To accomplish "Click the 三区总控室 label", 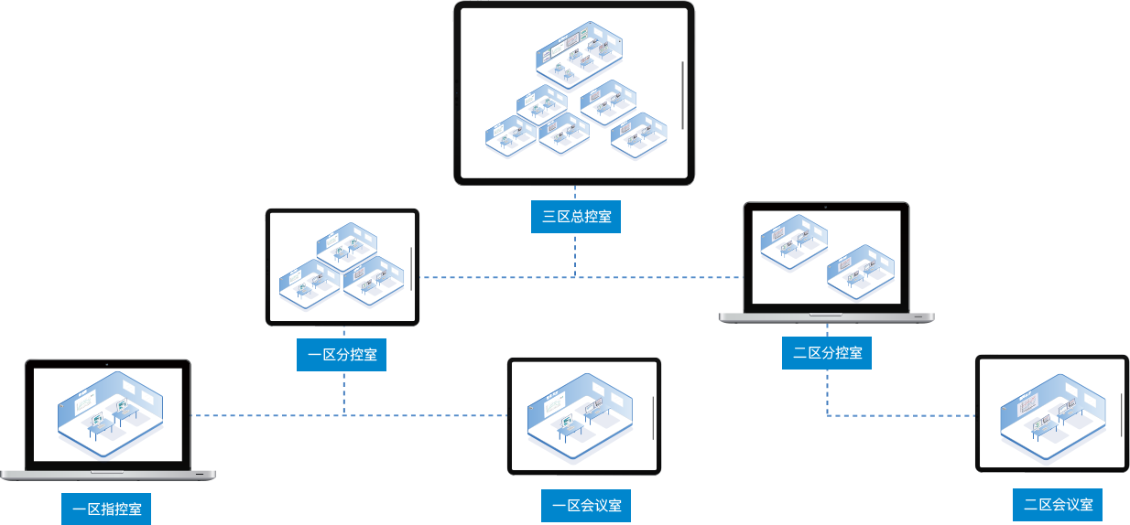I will tap(576, 217).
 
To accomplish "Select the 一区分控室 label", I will tap(342, 355).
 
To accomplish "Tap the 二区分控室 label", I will tap(826, 352).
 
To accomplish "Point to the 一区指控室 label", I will tap(106, 509).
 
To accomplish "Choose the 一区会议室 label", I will tap(586, 505).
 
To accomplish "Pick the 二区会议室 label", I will tap(1058, 504).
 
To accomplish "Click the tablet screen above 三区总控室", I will tap(574, 93).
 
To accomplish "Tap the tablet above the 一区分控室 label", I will tap(342, 267).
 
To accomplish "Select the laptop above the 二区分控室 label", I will tap(826, 258).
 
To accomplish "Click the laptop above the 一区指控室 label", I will tap(107, 415).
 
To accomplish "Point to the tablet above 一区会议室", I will tap(584, 416).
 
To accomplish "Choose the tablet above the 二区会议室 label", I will tap(1051, 413).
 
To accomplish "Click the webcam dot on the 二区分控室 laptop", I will tap(826, 208).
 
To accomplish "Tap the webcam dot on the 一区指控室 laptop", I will tap(107, 364).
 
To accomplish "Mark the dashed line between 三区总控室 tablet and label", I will tap(575, 193).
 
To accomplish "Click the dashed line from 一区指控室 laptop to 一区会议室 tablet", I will tap(266, 415).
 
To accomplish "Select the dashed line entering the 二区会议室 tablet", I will tap(916, 415).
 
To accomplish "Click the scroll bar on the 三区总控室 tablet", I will tap(683, 95).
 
